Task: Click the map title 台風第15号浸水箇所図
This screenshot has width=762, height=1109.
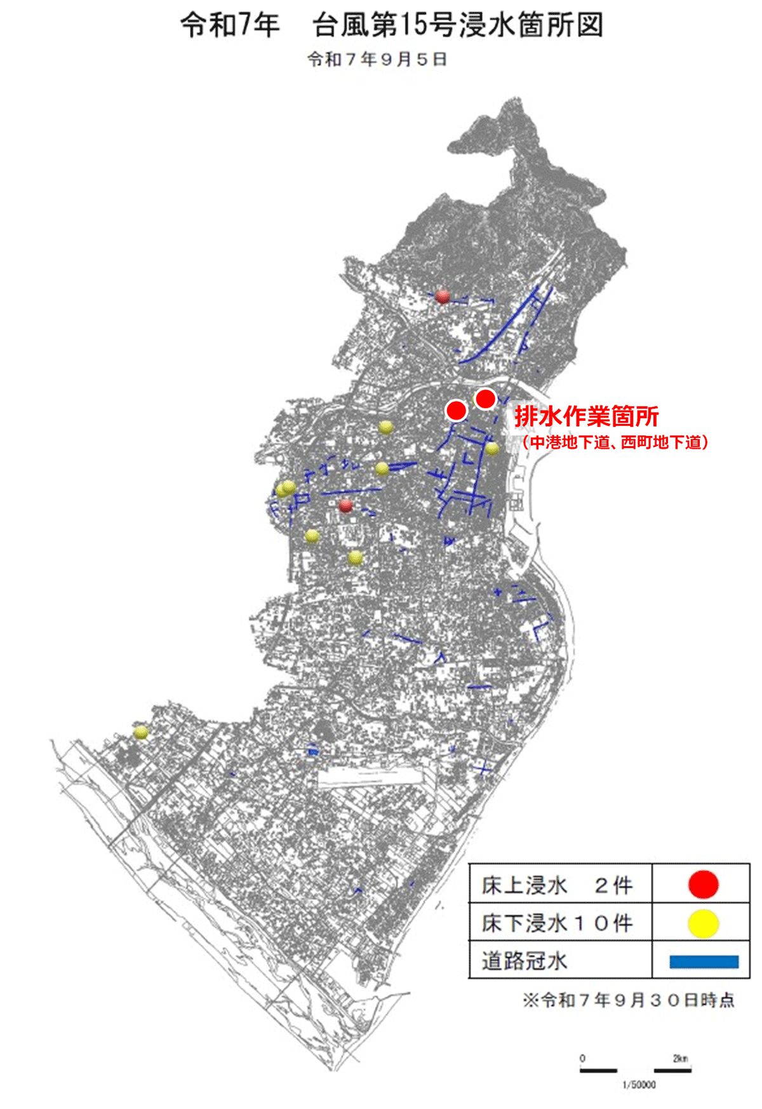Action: click(457, 25)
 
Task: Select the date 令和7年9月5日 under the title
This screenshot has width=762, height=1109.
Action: click(377, 59)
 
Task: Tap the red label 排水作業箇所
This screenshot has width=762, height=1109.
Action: click(586, 416)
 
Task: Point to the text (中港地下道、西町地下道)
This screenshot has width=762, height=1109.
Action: click(614, 442)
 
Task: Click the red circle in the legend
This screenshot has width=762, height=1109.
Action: click(703, 884)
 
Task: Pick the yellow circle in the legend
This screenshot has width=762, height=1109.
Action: click(703, 923)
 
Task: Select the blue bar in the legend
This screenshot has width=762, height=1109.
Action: click(704, 961)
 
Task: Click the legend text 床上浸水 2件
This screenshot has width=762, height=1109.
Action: click(557, 885)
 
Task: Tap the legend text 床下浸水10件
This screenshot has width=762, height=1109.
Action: click(557, 923)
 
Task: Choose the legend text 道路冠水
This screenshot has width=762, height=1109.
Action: click(524, 961)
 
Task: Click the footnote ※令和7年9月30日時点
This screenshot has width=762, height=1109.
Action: click(628, 1000)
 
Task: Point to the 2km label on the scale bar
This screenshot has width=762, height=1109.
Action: click(680, 1058)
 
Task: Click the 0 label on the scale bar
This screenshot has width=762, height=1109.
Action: click(582, 1058)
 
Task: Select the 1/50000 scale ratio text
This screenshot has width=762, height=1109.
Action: click(638, 1084)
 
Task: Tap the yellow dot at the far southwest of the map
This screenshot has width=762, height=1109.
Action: click(141, 732)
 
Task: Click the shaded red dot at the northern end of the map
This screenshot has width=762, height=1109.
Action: click(443, 296)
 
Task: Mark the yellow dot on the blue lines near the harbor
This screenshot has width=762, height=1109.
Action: click(492, 449)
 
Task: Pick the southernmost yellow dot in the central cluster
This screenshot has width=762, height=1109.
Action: click(356, 557)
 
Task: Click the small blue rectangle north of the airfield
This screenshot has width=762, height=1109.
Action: click(312, 751)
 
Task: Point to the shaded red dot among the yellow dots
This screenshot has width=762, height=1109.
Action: click(345, 505)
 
